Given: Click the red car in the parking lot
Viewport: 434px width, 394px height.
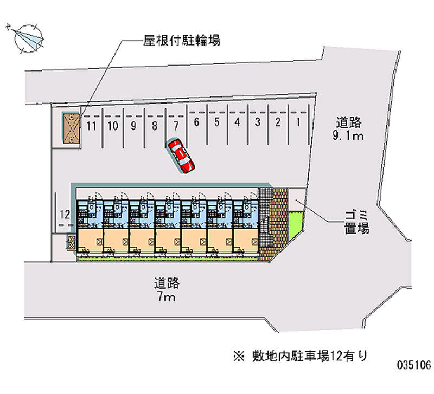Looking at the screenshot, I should click(x=181, y=156).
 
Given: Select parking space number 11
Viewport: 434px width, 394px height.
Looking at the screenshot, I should click(x=92, y=127).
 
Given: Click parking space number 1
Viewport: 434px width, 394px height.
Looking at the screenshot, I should click(x=298, y=122).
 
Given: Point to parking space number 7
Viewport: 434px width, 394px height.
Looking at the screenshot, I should click(x=175, y=126).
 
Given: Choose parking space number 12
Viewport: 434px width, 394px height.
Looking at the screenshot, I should click(x=65, y=214).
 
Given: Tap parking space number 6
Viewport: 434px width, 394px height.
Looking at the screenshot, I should click(x=196, y=122).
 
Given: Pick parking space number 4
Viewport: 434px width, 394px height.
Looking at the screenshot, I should click(x=237, y=122).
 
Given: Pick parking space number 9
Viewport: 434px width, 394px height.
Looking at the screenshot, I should click(x=133, y=127).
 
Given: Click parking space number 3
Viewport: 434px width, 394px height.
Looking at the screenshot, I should click(x=258, y=122).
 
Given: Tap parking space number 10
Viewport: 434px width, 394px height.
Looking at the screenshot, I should click(x=113, y=127).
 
